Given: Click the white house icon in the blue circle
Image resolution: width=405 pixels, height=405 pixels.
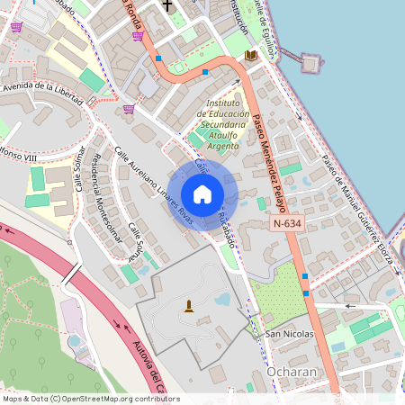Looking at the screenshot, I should tap(202, 194).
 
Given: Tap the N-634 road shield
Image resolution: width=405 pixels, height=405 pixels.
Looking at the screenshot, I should tap(288, 223).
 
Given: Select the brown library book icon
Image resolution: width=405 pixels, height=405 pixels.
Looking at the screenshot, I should tap(251, 56).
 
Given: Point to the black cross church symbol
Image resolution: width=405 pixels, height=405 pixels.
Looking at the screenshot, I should tap(167, 5).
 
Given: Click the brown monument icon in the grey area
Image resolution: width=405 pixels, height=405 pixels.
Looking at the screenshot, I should tap(189, 306).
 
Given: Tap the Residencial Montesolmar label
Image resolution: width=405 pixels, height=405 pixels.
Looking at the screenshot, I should tap(103, 197).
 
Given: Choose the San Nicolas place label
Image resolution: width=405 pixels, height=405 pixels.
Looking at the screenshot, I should tap(288, 335).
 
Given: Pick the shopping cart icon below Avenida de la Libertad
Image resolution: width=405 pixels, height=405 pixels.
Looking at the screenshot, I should tap(129, 109).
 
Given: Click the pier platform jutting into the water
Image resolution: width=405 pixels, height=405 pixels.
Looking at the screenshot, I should tap(311, 63).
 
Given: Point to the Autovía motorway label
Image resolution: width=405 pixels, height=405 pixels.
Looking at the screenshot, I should tap(139, 364).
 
